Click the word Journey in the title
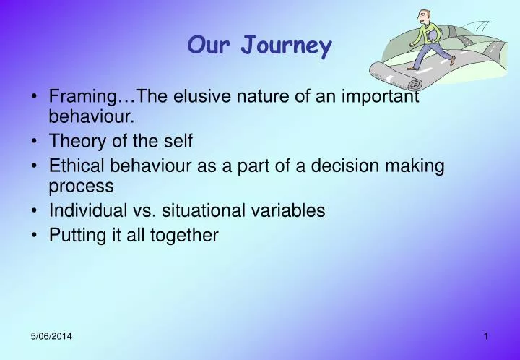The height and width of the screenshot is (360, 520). [x=287, y=47]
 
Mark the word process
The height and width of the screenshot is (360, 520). [x=81, y=187]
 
